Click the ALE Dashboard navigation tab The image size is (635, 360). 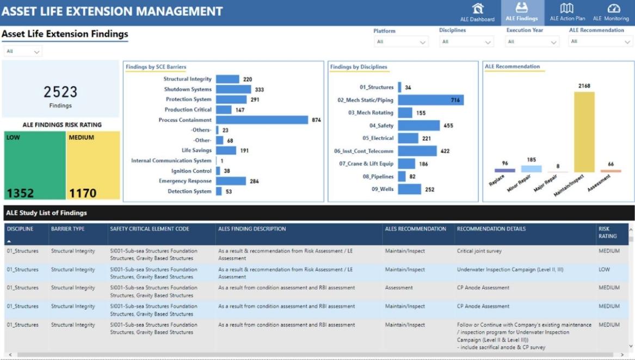click(x=477, y=13)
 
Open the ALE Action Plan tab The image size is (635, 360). click(x=567, y=13)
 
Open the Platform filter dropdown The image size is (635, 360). click(x=401, y=42)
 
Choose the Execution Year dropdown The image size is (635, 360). click(x=532, y=42)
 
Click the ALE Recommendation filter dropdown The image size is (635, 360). click(x=601, y=42)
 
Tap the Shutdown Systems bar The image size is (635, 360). click(x=233, y=89)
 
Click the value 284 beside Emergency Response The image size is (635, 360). click(x=254, y=181)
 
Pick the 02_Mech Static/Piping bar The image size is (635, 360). click(x=430, y=100)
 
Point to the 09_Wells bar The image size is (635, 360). click(x=409, y=189)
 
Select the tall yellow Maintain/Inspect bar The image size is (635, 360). click(x=584, y=132)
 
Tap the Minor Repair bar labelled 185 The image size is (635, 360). click(x=531, y=169)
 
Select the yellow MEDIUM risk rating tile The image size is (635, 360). click(x=93, y=165)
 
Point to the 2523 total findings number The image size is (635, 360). click(x=60, y=92)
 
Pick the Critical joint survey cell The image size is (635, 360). click(x=479, y=251)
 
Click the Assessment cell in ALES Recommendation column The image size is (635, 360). click(x=399, y=288)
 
